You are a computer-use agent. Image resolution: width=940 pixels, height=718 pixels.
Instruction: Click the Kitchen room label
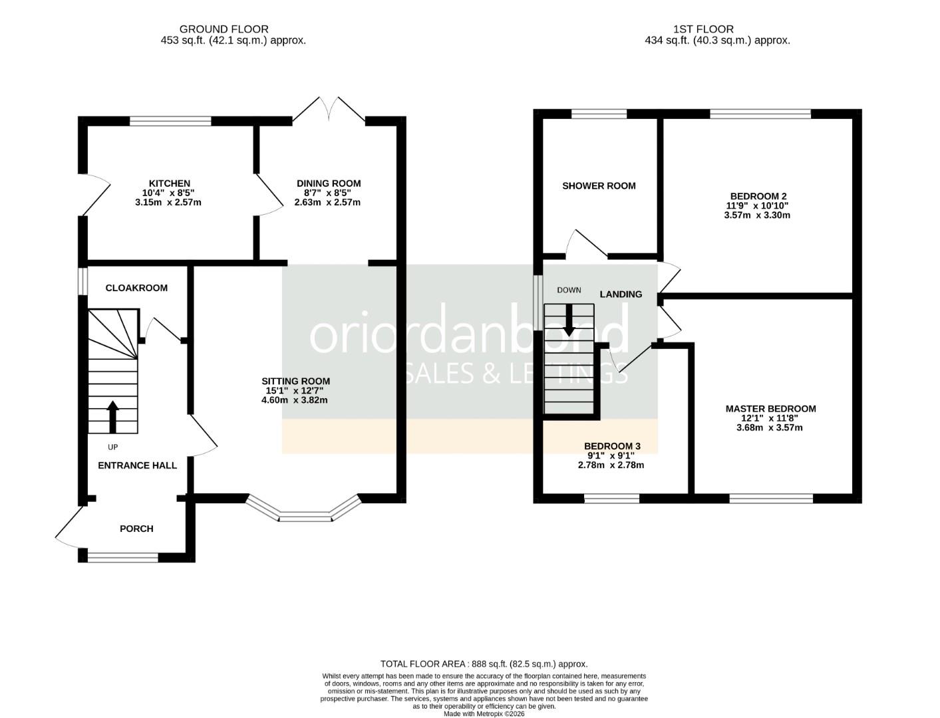pos(169,183)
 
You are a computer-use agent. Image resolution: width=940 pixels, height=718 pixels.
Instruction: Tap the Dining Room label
pos(329,183)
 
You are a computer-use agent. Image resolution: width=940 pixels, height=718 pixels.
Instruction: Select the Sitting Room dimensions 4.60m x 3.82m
pos(295,400)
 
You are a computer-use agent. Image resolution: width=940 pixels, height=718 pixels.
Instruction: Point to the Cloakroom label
pos(136,288)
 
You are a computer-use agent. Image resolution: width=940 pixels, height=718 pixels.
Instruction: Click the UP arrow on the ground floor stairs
pos(112,416)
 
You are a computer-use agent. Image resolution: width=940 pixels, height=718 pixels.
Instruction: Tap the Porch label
pos(136,529)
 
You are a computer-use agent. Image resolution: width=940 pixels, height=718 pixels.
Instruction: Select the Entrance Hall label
pos(137,465)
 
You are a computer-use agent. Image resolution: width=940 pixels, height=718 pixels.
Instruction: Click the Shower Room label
pos(599,186)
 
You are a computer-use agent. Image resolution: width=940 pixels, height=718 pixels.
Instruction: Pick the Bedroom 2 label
pos(758,196)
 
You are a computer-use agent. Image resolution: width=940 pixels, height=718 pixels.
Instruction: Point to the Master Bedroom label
pos(770,409)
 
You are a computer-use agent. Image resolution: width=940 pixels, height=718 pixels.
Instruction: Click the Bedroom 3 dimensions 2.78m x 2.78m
pos(611,465)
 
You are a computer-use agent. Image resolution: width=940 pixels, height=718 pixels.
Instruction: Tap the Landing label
pos(621,294)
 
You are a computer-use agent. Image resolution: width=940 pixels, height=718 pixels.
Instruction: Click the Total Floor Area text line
pos(484,663)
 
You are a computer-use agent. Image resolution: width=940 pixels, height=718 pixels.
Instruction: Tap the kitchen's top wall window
pos(170,121)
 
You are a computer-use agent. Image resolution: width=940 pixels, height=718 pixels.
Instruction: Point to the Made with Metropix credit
pos(484,713)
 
